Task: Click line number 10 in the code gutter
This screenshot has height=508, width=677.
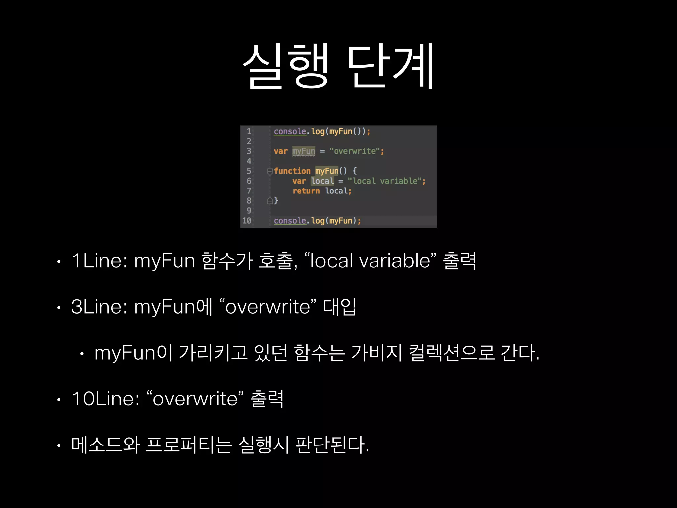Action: pos(247,221)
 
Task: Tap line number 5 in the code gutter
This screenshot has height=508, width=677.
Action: pos(249,171)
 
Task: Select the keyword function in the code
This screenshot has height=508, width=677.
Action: pos(292,171)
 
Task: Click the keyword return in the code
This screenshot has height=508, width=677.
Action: pos(306,191)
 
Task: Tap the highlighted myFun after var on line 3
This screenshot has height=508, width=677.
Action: pos(303,151)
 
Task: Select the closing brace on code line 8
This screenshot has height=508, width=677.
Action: pos(276,201)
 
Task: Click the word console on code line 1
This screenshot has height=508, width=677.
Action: pos(290,131)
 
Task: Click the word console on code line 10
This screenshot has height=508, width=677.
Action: pos(290,221)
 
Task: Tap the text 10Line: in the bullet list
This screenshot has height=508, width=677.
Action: pos(105,399)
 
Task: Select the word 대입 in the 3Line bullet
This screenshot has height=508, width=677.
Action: pos(339,307)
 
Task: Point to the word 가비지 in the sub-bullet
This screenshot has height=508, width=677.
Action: pos(376,353)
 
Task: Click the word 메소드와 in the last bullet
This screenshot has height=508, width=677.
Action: pos(105,445)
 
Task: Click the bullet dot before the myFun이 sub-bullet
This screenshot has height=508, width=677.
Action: pos(82,354)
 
